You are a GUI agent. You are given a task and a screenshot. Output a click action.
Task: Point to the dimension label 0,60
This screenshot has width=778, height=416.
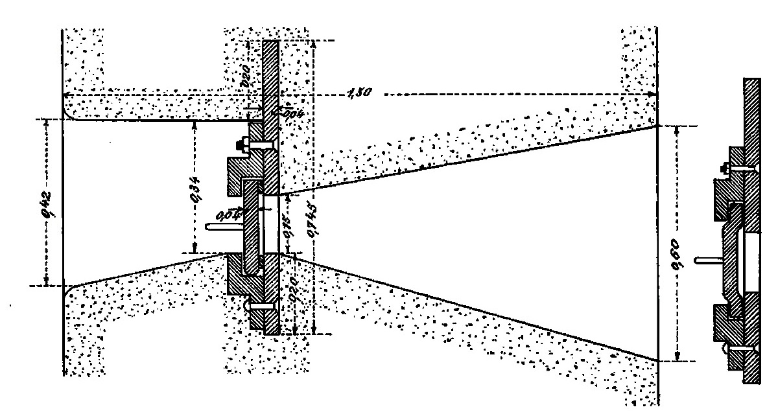677,243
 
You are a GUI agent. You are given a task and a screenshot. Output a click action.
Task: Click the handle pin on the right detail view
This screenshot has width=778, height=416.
707,260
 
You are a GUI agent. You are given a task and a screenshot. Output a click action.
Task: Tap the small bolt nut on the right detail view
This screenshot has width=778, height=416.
724,170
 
